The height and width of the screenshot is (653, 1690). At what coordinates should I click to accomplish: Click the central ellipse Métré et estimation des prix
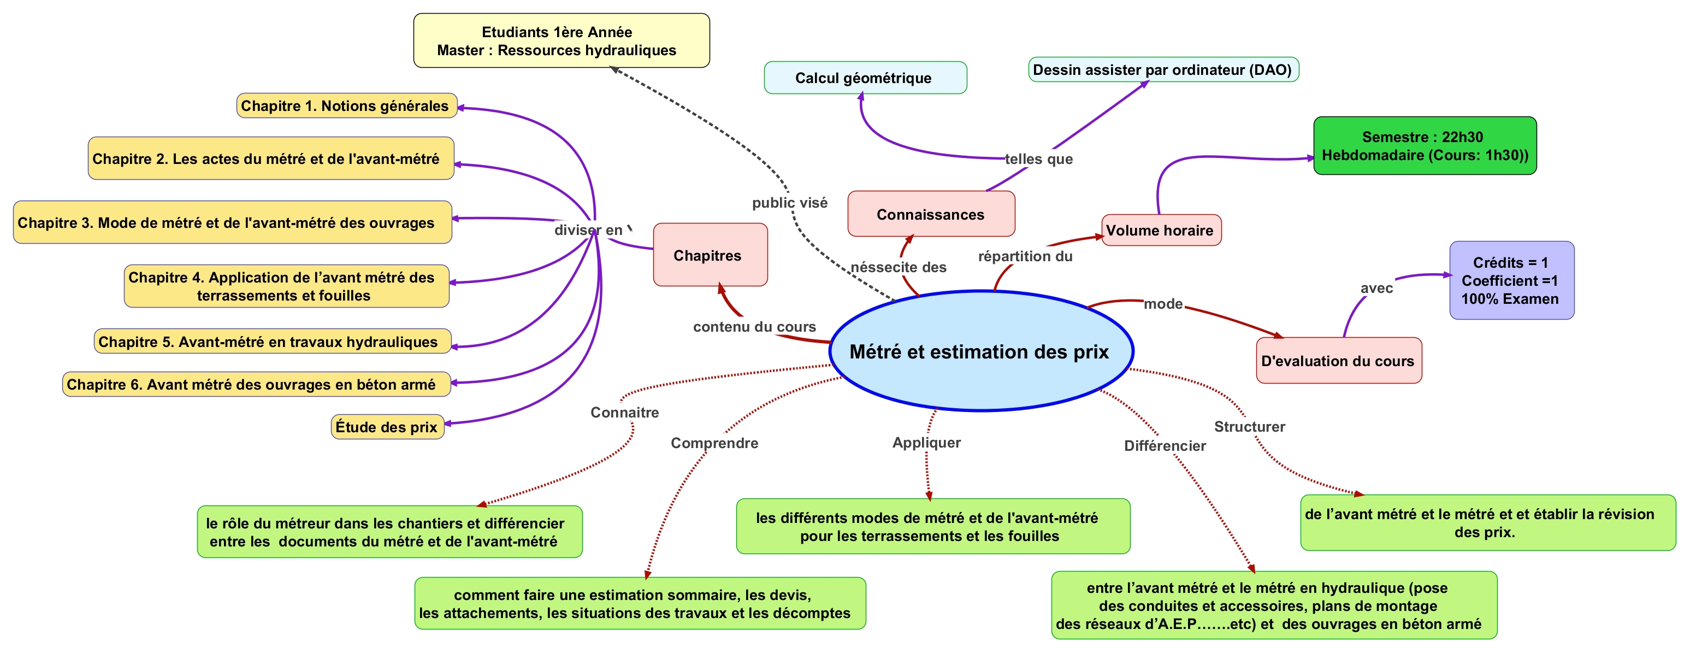[x=981, y=351]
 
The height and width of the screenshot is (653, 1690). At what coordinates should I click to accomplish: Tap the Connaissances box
[x=930, y=214]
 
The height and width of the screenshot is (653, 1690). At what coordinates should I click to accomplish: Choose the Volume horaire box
[x=1161, y=231]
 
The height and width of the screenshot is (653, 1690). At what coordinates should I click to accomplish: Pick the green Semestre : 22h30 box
[x=1425, y=146]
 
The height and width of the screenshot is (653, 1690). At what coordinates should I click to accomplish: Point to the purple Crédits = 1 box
[x=1511, y=280]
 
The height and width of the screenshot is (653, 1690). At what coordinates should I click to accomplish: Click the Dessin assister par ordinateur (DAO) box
[x=1162, y=69]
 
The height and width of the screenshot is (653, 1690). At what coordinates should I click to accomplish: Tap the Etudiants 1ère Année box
[x=561, y=40]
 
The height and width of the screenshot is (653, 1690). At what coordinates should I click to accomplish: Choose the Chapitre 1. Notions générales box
[x=346, y=105]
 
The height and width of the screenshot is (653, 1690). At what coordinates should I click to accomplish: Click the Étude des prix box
[x=387, y=427]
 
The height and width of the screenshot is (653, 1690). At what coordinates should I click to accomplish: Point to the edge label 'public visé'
[x=789, y=203]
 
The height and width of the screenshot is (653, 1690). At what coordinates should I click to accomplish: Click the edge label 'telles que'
[x=1038, y=159]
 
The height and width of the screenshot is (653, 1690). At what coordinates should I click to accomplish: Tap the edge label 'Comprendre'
[x=714, y=443]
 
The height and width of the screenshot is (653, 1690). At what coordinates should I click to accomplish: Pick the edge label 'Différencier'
[x=1165, y=445]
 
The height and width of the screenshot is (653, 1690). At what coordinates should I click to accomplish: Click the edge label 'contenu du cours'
[x=754, y=327]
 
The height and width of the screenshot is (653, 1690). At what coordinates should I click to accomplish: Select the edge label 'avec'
[x=1376, y=288]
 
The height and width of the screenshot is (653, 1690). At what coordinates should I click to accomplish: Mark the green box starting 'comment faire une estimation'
[x=640, y=603]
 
